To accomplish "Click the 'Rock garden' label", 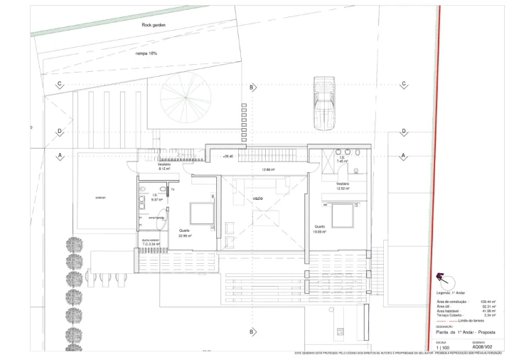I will pyautogui.click(x=154, y=25).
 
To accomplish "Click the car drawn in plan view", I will pyautogui.click(x=323, y=104).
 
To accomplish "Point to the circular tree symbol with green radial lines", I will pyautogui.click(x=185, y=97).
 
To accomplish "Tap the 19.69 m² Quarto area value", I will pyautogui.click(x=319, y=231).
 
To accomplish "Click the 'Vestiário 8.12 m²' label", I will pyautogui.click(x=164, y=167).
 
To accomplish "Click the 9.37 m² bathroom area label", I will pyautogui.click(x=156, y=199).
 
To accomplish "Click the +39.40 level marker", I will pyautogui.click(x=227, y=156).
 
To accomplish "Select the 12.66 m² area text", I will pyautogui.click(x=268, y=169).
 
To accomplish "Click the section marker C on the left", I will pyautogui.click(x=60, y=85).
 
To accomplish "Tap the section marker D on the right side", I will pyautogui.click(x=403, y=132).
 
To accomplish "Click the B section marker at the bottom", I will pyautogui.click(x=252, y=332).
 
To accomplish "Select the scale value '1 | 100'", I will pyautogui.click(x=443, y=347).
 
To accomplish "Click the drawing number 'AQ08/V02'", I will pyautogui.click(x=482, y=347).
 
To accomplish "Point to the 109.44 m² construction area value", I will pyautogui.click(x=488, y=302).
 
